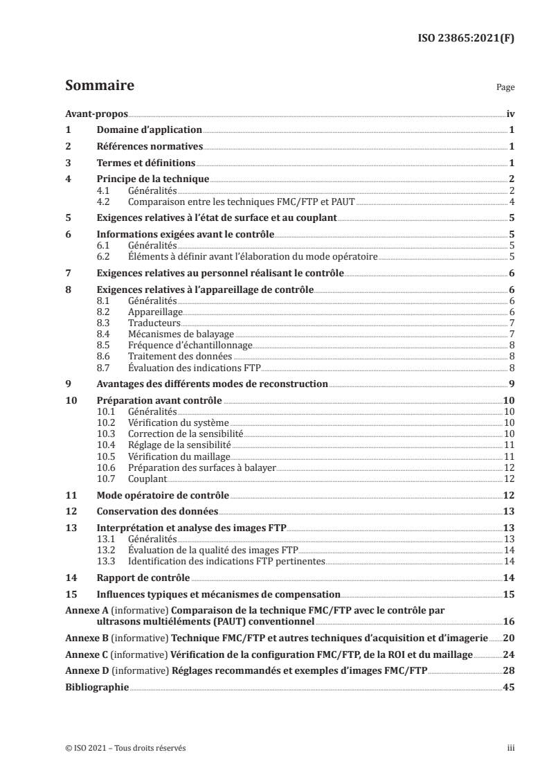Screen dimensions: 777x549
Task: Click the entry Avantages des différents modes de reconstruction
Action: tap(213, 384)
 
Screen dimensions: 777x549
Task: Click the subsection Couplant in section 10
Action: tap(148, 479)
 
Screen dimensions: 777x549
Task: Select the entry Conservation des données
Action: tap(158, 511)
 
